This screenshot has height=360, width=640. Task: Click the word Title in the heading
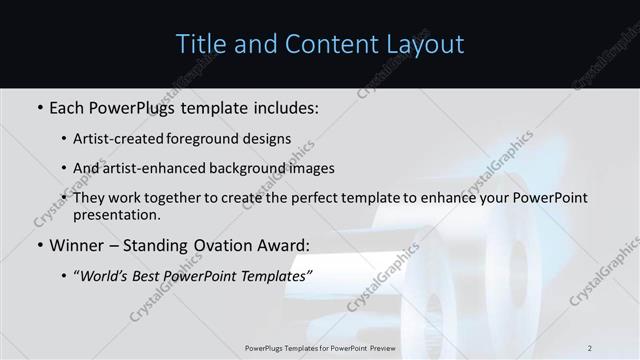point(200,45)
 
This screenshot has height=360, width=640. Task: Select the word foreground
point(212,138)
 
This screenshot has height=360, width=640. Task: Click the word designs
point(269,138)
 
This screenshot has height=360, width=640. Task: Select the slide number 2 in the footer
point(589,348)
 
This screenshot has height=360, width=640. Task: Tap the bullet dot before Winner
point(39,245)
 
